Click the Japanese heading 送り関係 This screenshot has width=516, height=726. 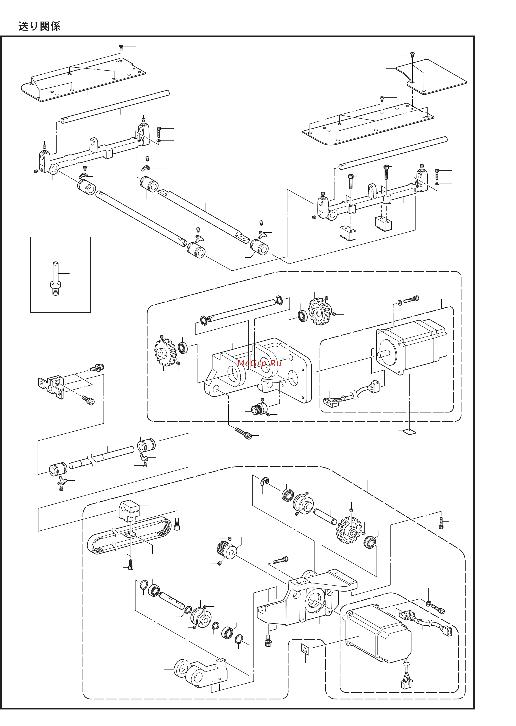pos(39,26)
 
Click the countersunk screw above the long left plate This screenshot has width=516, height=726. pos(121,48)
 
